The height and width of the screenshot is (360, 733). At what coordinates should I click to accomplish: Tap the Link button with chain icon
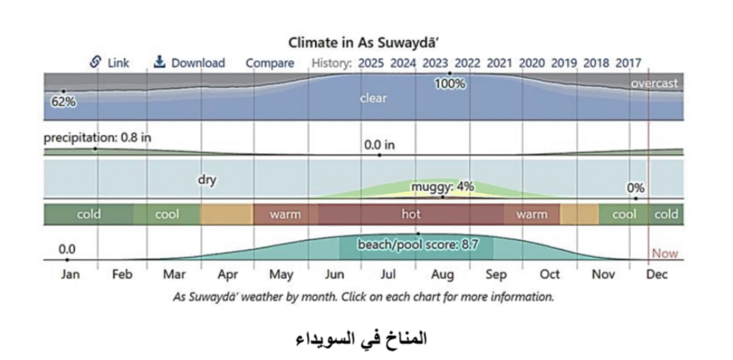click(x=110, y=63)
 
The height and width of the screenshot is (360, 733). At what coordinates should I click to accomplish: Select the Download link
click(x=190, y=63)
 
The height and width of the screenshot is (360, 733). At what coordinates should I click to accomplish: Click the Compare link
click(x=270, y=63)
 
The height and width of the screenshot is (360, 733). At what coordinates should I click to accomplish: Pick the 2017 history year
click(x=628, y=63)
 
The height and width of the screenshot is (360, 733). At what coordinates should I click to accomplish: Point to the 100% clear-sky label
click(x=450, y=84)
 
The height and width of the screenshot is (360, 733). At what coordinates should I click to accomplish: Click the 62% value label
click(x=63, y=101)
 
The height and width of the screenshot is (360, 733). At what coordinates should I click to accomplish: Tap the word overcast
click(x=654, y=84)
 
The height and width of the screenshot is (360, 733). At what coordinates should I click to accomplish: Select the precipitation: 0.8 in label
click(x=97, y=137)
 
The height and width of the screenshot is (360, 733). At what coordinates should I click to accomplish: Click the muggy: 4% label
click(x=442, y=187)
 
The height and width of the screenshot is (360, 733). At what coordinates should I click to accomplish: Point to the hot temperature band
click(x=410, y=214)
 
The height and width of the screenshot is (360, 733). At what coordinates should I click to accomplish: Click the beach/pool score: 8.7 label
click(x=418, y=245)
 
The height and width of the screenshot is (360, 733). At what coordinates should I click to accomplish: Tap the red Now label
click(x=664, y=253)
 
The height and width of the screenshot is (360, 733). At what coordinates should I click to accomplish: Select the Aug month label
click(x=442, y=275)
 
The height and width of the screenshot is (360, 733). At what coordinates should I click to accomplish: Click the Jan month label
click(x=70, y=275)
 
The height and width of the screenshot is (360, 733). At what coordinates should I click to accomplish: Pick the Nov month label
click(x=603, y=275)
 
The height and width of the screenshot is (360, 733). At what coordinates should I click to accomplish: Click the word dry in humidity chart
click(x=207, y=180)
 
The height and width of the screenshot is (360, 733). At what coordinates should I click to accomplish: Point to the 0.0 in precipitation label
click(x=379, y=145)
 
